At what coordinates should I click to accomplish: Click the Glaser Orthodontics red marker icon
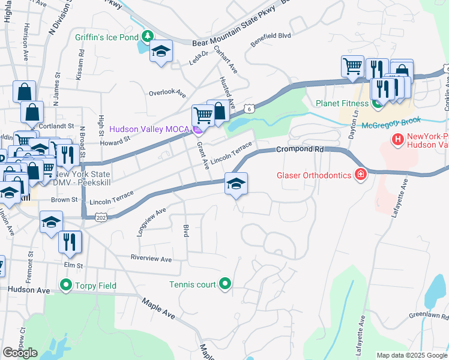(360, 175)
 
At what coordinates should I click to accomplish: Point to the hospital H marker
(397, 140)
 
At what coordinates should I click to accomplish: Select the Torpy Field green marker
(65, 285)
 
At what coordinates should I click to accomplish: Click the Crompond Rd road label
(295, 149)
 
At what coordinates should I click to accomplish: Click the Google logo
(20, 353)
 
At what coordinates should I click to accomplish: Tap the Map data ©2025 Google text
(411, 355)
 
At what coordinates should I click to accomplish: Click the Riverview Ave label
(152, 259)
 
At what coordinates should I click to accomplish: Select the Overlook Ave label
(167, 93)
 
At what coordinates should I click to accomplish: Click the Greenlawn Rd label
(429, 315)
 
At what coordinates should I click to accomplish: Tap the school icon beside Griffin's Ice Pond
(160, 51)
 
